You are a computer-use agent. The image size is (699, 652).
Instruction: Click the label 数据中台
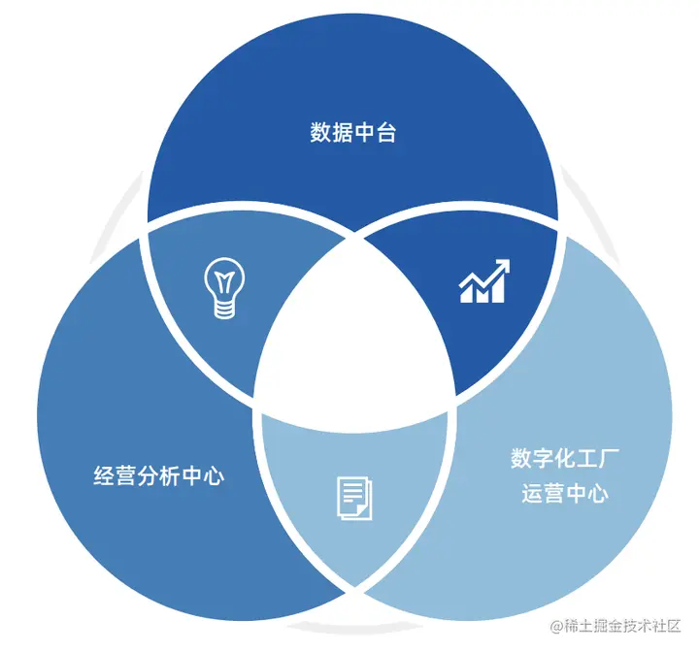click(x=353, y=133)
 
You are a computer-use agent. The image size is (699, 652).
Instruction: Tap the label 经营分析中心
click(x=158, y=476)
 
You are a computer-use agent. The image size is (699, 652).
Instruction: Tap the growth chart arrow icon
click(x=484, y=281)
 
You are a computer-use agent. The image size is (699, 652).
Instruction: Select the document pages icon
click(x=352, y=496)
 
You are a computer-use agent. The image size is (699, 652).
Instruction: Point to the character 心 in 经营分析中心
click(x=214, y=476)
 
